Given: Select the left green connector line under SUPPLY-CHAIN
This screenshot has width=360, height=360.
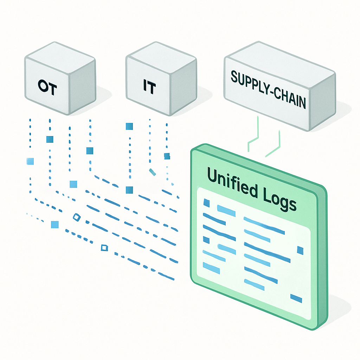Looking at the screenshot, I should [x=253, y=137].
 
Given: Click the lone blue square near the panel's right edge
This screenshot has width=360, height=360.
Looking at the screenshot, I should [x=300, y=250].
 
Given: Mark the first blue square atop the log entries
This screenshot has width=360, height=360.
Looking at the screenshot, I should [x=207, y=203].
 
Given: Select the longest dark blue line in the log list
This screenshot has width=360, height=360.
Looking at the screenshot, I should [x=267, y=252].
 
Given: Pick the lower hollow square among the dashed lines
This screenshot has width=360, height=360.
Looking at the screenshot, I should [x=104, y=248].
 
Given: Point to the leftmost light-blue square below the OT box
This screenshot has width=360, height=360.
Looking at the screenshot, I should [x=30, y=161].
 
